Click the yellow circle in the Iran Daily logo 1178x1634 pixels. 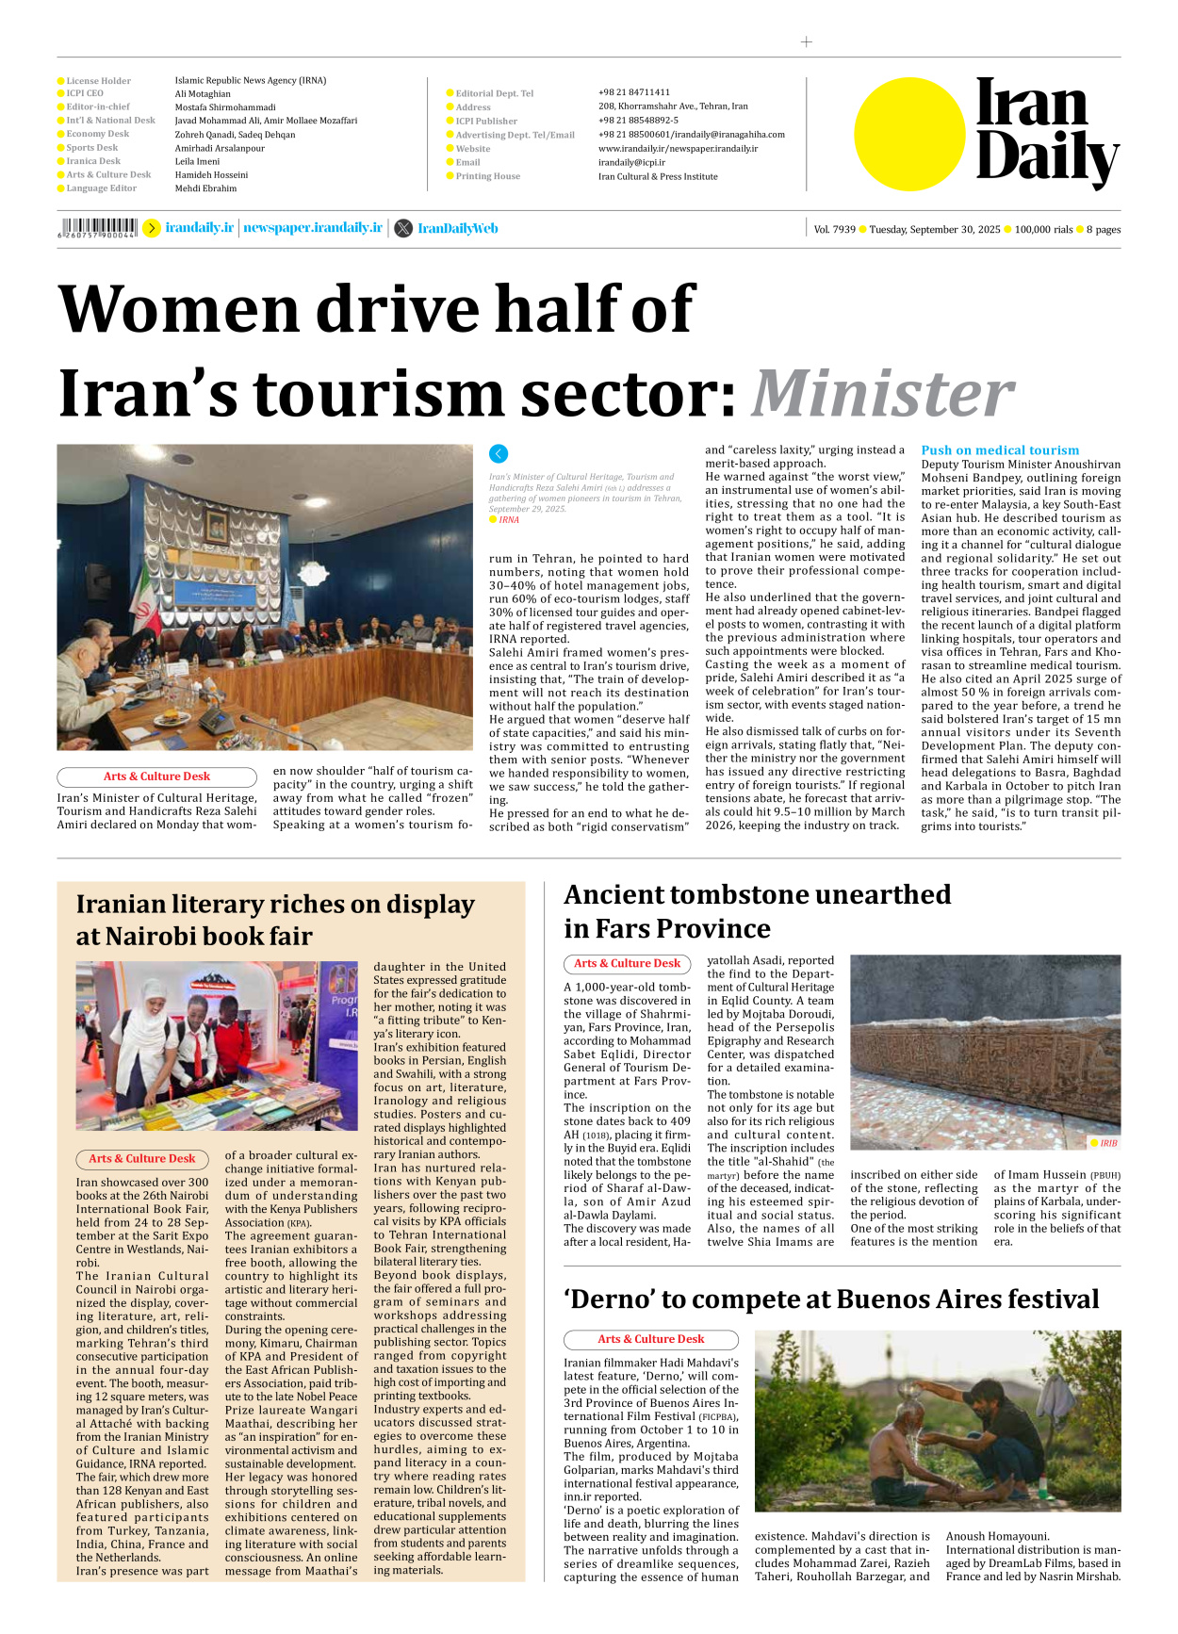pyautogui.click(x=909, y=134)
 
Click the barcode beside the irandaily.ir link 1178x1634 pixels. pyautogui.click(x=98, y=228)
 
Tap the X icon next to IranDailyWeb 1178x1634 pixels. pyautogui.click(x=403, y=228)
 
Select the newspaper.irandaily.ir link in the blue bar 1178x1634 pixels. pyautogui.click(x=313, y=228)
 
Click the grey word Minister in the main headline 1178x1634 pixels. pyautogui.click(x=883, y=393)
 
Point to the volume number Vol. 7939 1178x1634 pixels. pyautogui.click(x=834, y=229)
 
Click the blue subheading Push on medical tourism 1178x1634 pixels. pyautogui.click(x=1000, y=450)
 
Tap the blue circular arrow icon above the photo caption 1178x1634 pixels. pyautogui.click(x=499, y=453)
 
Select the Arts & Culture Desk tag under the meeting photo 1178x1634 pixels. pyautogui.click(x=156, y=776)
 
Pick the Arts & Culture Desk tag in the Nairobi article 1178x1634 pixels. pyautogui.click(x=142, y=1158)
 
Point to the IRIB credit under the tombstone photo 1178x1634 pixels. pyautogui.click(x=1107, y=1143)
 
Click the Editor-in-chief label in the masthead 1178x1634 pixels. pyautogui.click(x=98, y=107)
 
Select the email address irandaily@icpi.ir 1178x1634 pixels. pyautogui.click(x=631, y=162)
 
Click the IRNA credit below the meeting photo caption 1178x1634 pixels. pyautogui.click(x=509, y=520)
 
